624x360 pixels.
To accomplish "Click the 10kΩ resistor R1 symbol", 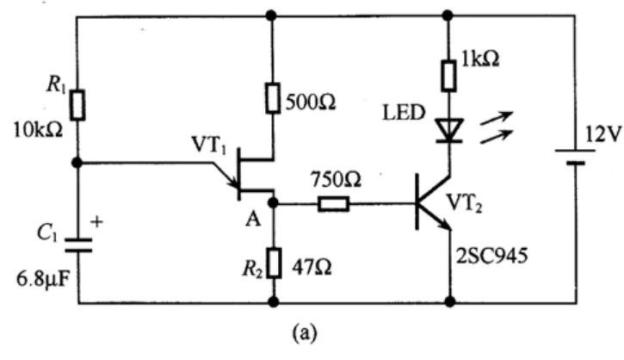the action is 77,105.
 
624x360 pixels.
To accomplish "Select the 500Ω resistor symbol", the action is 273,98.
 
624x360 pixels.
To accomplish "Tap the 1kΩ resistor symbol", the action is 448,76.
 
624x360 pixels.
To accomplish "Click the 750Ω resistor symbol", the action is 333,204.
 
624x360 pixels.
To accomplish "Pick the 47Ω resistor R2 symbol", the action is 274,263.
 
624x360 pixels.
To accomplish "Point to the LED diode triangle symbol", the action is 449,130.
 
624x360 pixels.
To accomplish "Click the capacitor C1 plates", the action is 78,245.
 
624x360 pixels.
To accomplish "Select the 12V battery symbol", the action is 575,157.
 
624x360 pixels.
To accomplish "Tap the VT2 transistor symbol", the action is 433,202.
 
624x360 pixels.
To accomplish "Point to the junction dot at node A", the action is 273,203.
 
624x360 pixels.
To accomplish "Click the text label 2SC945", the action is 491,256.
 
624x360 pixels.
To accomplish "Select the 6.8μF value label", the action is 42,281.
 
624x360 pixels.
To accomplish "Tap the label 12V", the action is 602,136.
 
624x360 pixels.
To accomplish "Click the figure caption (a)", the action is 306,333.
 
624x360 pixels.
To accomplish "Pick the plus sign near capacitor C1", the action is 96,221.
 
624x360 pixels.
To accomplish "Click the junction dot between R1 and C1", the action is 77,163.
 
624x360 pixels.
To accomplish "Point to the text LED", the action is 404,113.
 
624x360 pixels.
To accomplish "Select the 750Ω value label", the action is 337,180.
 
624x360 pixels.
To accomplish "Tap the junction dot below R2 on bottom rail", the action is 274,301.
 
